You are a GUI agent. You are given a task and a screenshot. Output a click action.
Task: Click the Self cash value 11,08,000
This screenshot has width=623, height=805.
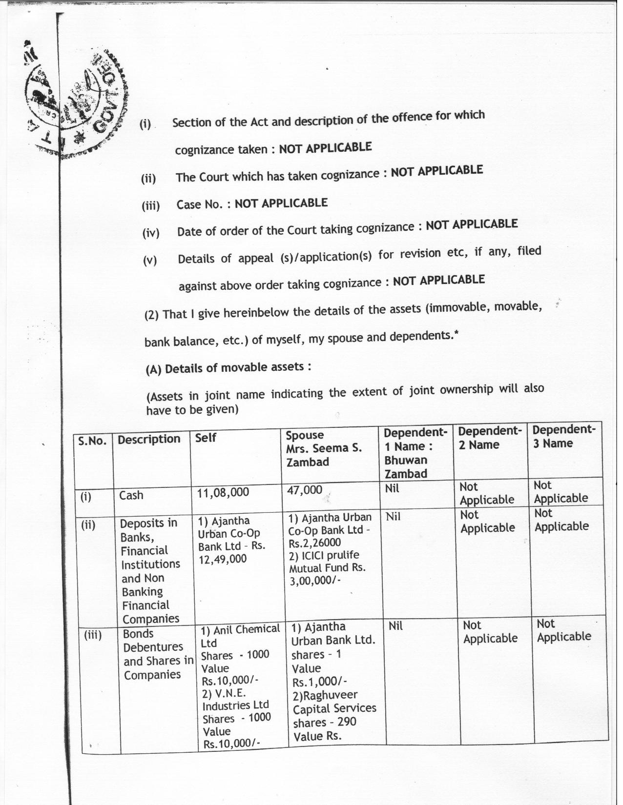click(x=223, y=492)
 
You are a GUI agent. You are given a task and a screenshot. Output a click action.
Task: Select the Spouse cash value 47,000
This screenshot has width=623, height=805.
click(x=304, y=490)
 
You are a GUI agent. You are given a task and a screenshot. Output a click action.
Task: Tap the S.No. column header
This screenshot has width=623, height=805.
click(x=92, y=441)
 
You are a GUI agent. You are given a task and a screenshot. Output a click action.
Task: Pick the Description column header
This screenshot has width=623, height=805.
click(x=149, y=439)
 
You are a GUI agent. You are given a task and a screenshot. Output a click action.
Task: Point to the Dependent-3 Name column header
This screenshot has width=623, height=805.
click(x=563, y=436)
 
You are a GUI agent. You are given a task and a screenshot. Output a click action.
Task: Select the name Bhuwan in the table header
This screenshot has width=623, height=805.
click(x=405, y=460)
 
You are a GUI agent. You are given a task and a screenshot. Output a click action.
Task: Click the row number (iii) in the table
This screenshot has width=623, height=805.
click(x=92, y=635)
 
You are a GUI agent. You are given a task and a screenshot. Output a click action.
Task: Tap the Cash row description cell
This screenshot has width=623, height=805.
click(x=131, y=495)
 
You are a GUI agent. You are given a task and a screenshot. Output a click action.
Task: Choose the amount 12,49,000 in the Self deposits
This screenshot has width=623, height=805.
click(x=222, y=559)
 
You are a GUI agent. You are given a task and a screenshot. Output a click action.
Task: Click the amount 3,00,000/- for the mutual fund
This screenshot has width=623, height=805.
click(x=314, y=581)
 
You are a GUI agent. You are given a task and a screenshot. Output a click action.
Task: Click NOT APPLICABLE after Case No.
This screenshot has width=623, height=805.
click(x=281, y=203)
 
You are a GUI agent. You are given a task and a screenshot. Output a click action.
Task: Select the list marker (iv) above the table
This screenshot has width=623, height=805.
click(x=151, y=233)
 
